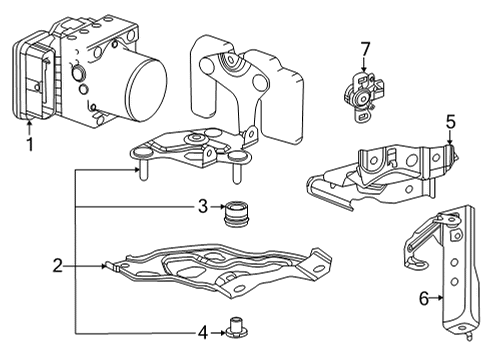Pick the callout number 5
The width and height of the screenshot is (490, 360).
coord(450,122)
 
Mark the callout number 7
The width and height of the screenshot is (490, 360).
coord(365,48)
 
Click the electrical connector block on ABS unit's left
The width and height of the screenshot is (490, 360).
coord(36,75)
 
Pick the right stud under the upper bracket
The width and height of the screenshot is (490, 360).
coord(237,172)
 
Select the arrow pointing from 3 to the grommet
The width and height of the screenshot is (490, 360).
coord(218,208)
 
